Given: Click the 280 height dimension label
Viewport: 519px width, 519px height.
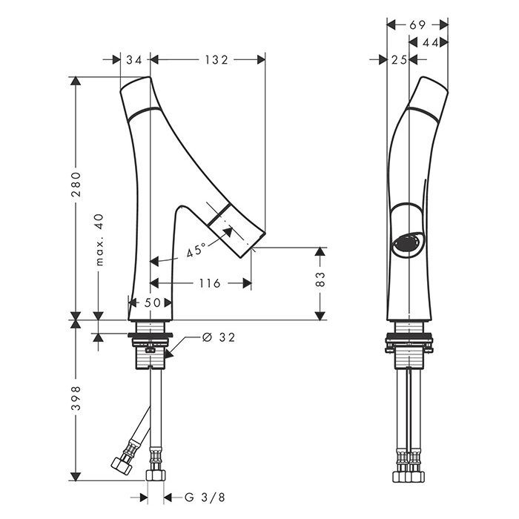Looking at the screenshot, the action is (x=76, y=185).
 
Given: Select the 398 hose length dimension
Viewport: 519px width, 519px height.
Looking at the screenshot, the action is (x=76, y=398).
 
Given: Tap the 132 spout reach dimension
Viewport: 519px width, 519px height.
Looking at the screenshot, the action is (x=216, y=60).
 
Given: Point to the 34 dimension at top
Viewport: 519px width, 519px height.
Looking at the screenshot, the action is (x=133, y=60).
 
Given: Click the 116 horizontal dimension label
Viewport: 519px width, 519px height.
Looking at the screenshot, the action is (x=210, y=283).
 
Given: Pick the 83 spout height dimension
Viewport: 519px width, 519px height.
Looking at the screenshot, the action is (x=320, y=279).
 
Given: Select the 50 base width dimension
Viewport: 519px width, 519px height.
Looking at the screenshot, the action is (x=152, y=303).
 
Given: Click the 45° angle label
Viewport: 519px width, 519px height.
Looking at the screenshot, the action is (x=196, y=250).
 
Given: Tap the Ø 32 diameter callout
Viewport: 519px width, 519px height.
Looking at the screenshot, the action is (x=219, y=337).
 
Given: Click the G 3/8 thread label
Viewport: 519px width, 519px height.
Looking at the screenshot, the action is (x=205, y=497).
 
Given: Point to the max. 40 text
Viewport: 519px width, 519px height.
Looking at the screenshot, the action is (x=99, y=239).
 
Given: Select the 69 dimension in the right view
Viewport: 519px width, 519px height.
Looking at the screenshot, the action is (x=417, y=24).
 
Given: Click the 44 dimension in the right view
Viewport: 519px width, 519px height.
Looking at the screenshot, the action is (x=431, y=42).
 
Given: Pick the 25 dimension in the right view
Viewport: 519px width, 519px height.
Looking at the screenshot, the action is (x=399, y=60).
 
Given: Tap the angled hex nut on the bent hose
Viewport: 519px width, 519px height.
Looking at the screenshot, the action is (x=122, y=465).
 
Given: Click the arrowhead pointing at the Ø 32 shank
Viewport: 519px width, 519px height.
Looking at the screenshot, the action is (x=169, y=354).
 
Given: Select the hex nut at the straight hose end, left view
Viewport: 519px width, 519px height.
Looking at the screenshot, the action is (x=156, y=475).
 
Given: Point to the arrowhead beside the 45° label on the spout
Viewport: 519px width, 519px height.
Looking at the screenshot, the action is (x=228, y=232).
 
